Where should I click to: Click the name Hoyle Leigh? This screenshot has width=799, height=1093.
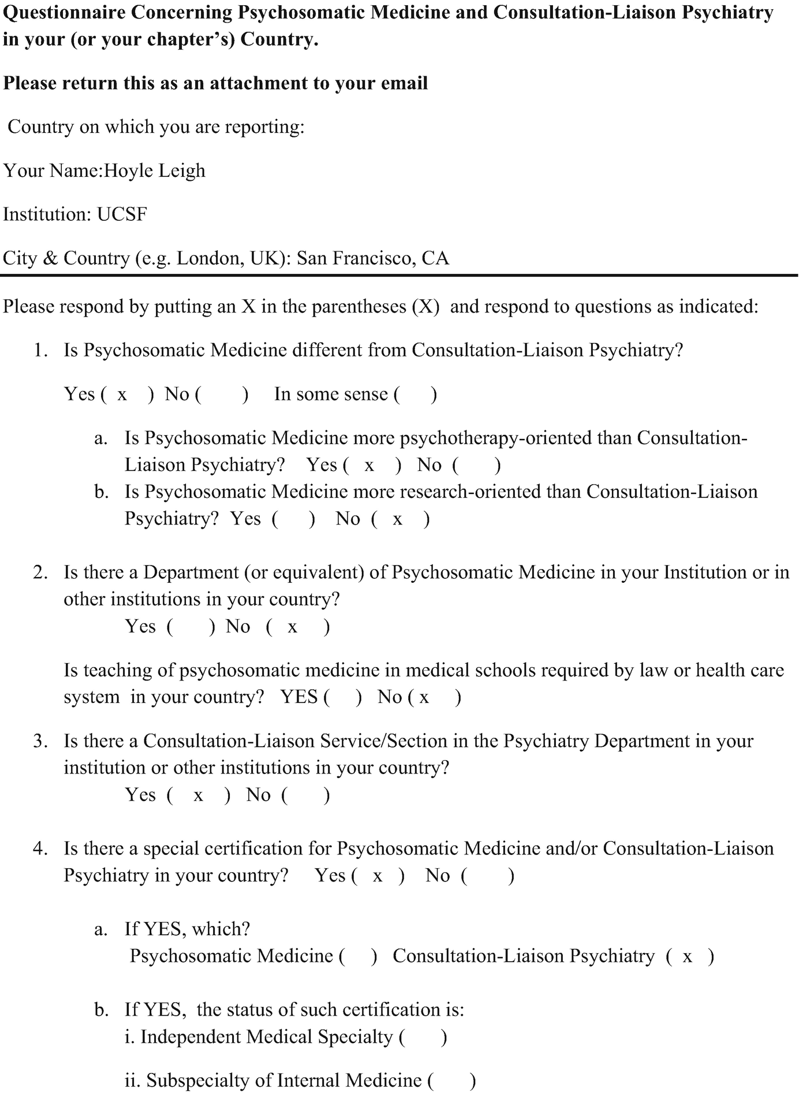(154, 171)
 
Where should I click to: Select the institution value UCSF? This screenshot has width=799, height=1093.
(122, 214)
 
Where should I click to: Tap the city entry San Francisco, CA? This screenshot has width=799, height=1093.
(372, 258)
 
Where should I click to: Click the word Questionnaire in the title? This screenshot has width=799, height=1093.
(64, 13)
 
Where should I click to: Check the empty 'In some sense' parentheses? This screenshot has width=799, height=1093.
(415, 395)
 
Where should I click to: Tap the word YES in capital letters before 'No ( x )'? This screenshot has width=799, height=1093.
(298, 697)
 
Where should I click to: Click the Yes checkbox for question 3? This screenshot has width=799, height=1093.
(198, 795)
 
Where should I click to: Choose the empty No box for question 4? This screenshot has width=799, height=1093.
(487, 876)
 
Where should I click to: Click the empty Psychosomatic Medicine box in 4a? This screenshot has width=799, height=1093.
(358, 957)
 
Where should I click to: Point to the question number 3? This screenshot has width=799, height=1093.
(39, 741)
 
